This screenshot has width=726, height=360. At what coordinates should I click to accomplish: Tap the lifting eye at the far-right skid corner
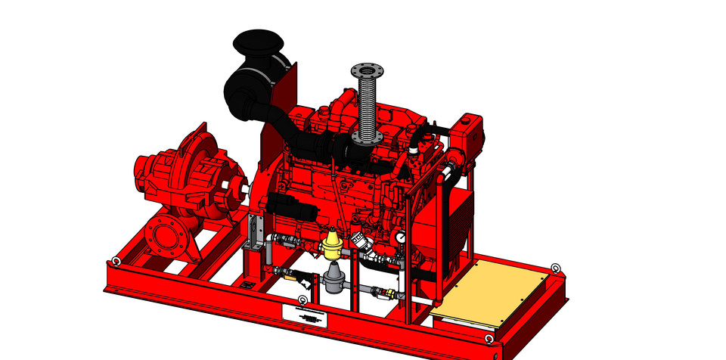coord(556,268)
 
